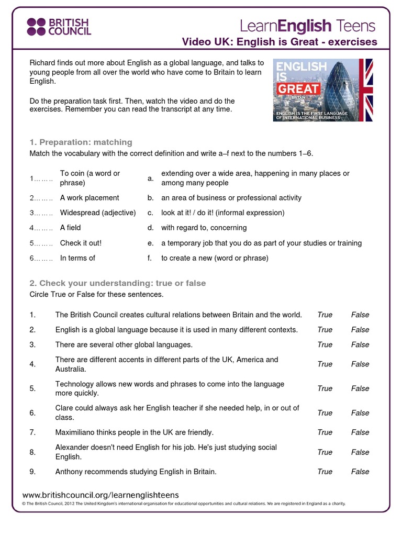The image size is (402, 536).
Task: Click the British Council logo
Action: pos(59,26)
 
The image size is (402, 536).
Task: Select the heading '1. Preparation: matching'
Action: pos(81,142)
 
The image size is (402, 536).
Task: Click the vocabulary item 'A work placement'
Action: pos(90,198)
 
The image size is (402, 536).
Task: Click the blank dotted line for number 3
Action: pos(41,213)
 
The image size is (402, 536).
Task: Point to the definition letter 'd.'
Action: pos(150,228)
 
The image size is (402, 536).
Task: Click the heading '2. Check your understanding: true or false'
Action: pos(118,283)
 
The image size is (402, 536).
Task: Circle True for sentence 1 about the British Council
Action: pos(325,315)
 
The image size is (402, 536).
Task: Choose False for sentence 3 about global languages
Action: pos(360,344)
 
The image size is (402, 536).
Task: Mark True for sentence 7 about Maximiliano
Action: pos(325,432)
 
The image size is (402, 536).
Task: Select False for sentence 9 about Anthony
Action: pos(360,472)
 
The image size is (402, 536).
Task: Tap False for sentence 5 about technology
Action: pos(360,388)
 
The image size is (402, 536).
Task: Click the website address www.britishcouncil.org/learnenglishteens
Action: pos(100,495)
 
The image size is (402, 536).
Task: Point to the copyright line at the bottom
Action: pos(183,504)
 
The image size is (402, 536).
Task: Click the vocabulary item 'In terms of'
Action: pos(77,258)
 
